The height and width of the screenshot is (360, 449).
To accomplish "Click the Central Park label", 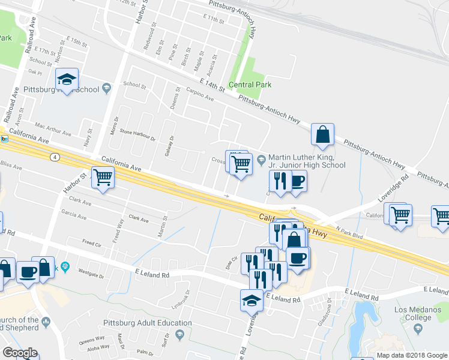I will tap(250, 85).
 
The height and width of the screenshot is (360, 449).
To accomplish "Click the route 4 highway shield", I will tap(55, 157).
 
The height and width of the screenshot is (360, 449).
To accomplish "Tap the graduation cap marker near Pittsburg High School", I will tap(67, 80).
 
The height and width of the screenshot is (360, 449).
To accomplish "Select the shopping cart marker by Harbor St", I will tap(103, 177).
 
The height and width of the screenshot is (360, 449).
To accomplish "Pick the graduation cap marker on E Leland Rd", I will tap(252, 301).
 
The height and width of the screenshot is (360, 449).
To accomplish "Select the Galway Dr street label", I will tap(169, 146).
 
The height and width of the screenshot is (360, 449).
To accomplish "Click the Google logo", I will tap(19, 353).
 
